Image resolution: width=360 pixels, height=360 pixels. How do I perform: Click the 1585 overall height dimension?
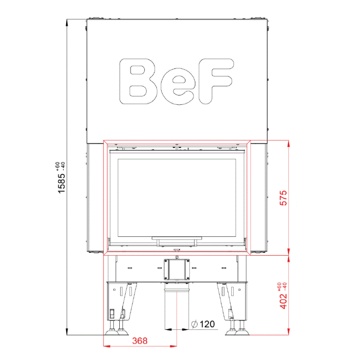(x=62, y=183)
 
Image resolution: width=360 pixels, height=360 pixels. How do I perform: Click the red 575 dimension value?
(x=283, y=198)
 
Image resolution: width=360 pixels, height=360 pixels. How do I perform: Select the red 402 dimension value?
(x=283, y=301)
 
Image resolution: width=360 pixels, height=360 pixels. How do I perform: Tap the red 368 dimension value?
(x=140, y=341)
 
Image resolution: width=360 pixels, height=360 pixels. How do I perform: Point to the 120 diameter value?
(x=207, y=324)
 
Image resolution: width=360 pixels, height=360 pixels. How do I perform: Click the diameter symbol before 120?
(x=194, y=324)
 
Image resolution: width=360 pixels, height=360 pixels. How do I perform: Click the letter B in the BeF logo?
(x=138, y=81)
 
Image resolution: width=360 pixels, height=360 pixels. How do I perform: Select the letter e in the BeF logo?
(x=178, y=86)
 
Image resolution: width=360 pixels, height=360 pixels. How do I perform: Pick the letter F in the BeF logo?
(x=216, y=81)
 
